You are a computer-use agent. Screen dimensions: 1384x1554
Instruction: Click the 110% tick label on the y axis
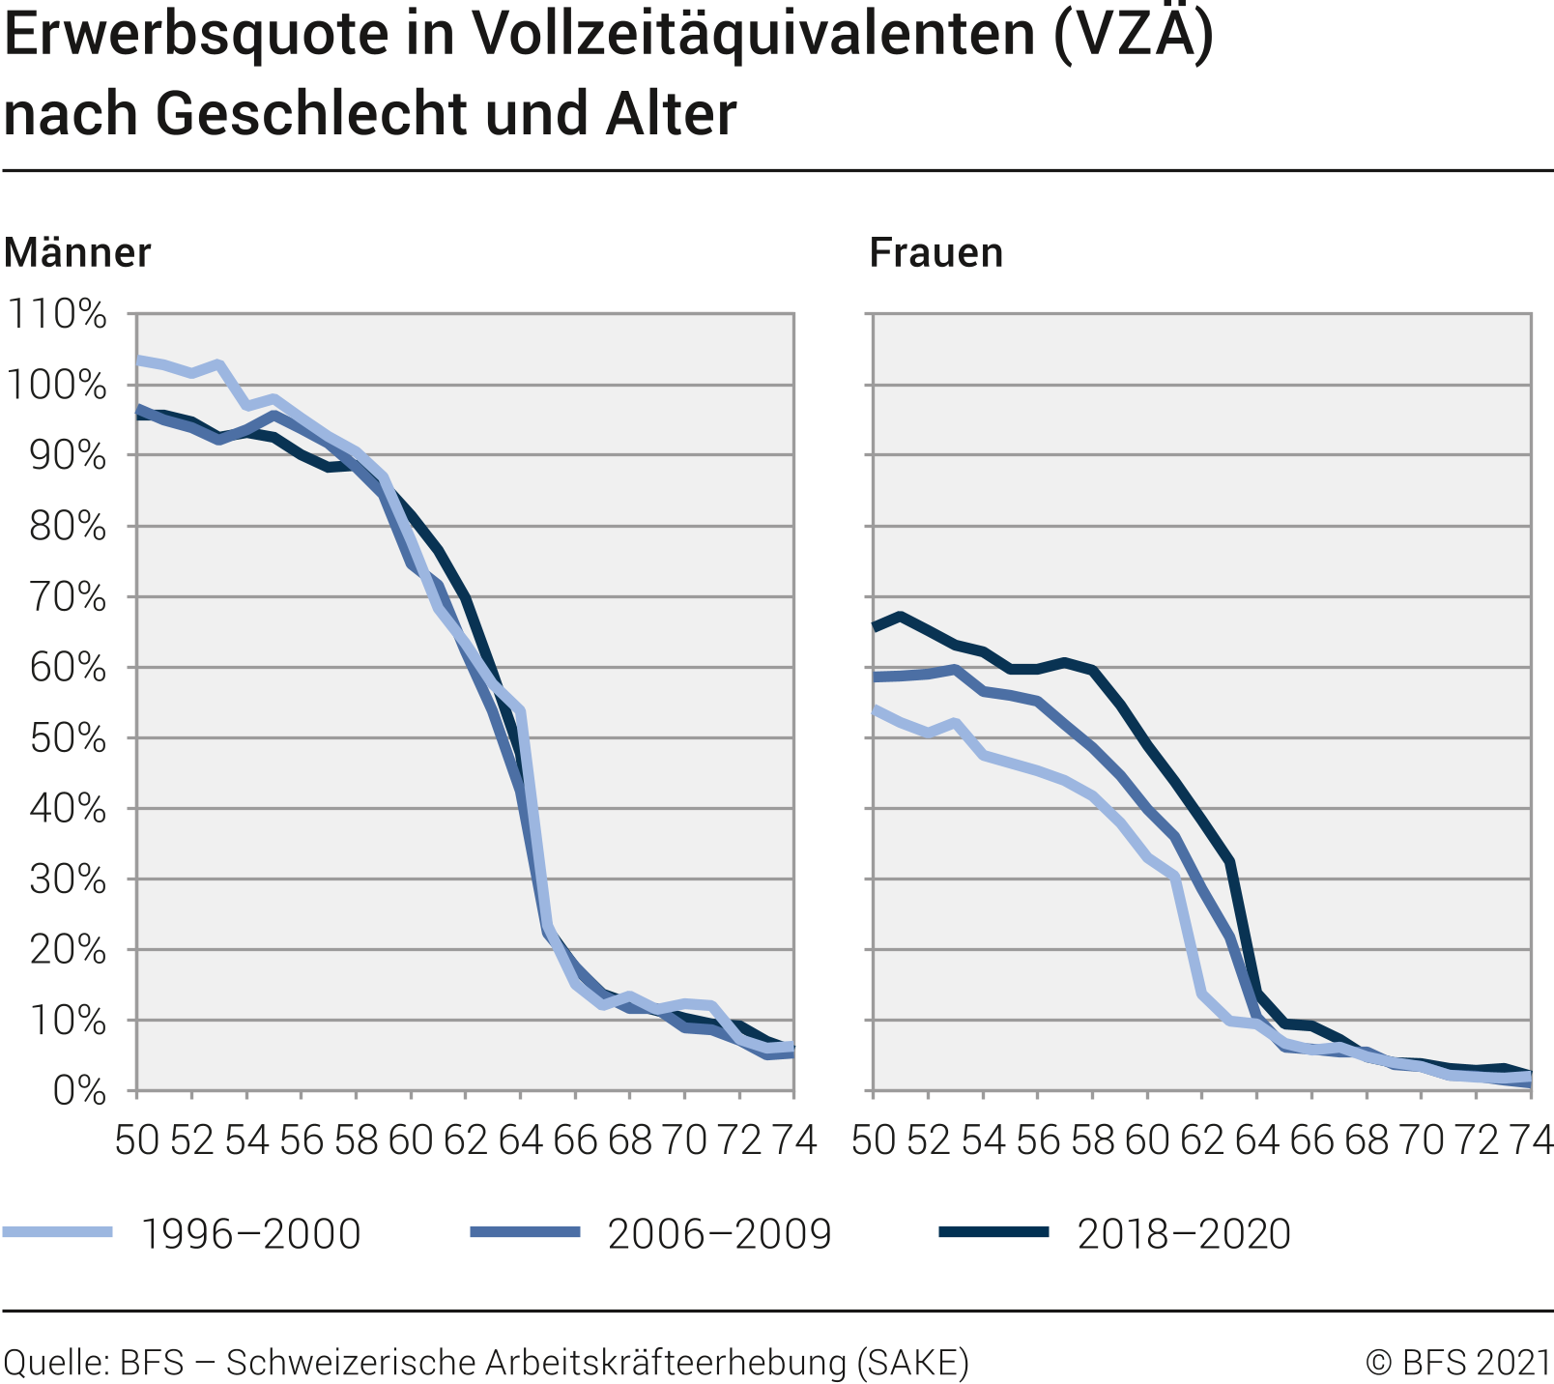click(56, 314)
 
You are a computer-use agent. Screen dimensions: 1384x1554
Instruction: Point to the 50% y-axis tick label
click(66, 738)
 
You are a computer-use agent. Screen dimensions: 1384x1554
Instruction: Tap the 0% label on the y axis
click(79, 1091)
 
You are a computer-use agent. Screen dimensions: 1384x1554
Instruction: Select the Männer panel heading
click(77, 253)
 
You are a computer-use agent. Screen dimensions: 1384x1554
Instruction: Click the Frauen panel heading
click(935, 253)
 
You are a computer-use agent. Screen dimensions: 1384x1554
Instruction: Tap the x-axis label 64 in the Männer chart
click(520, 1141)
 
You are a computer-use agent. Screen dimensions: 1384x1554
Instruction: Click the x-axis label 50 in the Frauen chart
click(874, 1141)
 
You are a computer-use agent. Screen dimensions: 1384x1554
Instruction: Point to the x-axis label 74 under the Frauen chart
click(1530, 1141)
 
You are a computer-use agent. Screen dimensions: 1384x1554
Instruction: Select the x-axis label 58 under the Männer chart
click(356, 1141)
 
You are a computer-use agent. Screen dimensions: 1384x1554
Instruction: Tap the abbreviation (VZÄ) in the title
click(1133, 37)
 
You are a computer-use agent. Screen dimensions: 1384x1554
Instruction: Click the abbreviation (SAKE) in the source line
click(912, 1362)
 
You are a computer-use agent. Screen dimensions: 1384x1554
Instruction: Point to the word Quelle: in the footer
click(55, 1362)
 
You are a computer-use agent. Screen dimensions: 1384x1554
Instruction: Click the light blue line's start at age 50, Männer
click(138, 360)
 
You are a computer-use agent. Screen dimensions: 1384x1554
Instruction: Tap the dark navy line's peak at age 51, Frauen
click(901, 616)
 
